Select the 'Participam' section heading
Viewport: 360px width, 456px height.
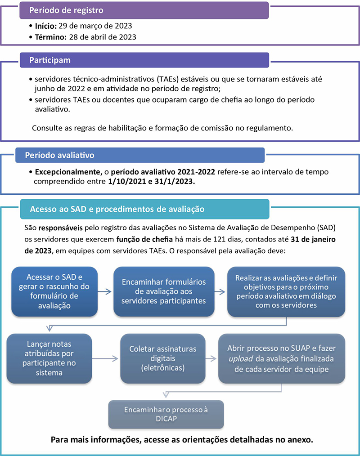(x=50, y=60)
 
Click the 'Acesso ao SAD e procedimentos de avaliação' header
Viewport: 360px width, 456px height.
(x=117, y=209)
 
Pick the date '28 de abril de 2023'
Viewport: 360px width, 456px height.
(x=103, y=37)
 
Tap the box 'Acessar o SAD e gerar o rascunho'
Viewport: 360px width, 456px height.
(x=55, y=291)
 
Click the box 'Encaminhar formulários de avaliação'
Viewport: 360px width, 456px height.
(x=164, y=291)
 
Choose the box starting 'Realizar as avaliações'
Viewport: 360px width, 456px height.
(x=286, y=291)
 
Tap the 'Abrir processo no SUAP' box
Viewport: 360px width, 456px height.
(x=281, y=358)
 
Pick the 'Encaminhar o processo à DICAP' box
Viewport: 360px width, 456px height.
(x=166, y=414)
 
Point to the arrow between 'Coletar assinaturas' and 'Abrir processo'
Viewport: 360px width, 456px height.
(x=210, y=358)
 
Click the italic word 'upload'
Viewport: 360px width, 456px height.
(x=240, y=358)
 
